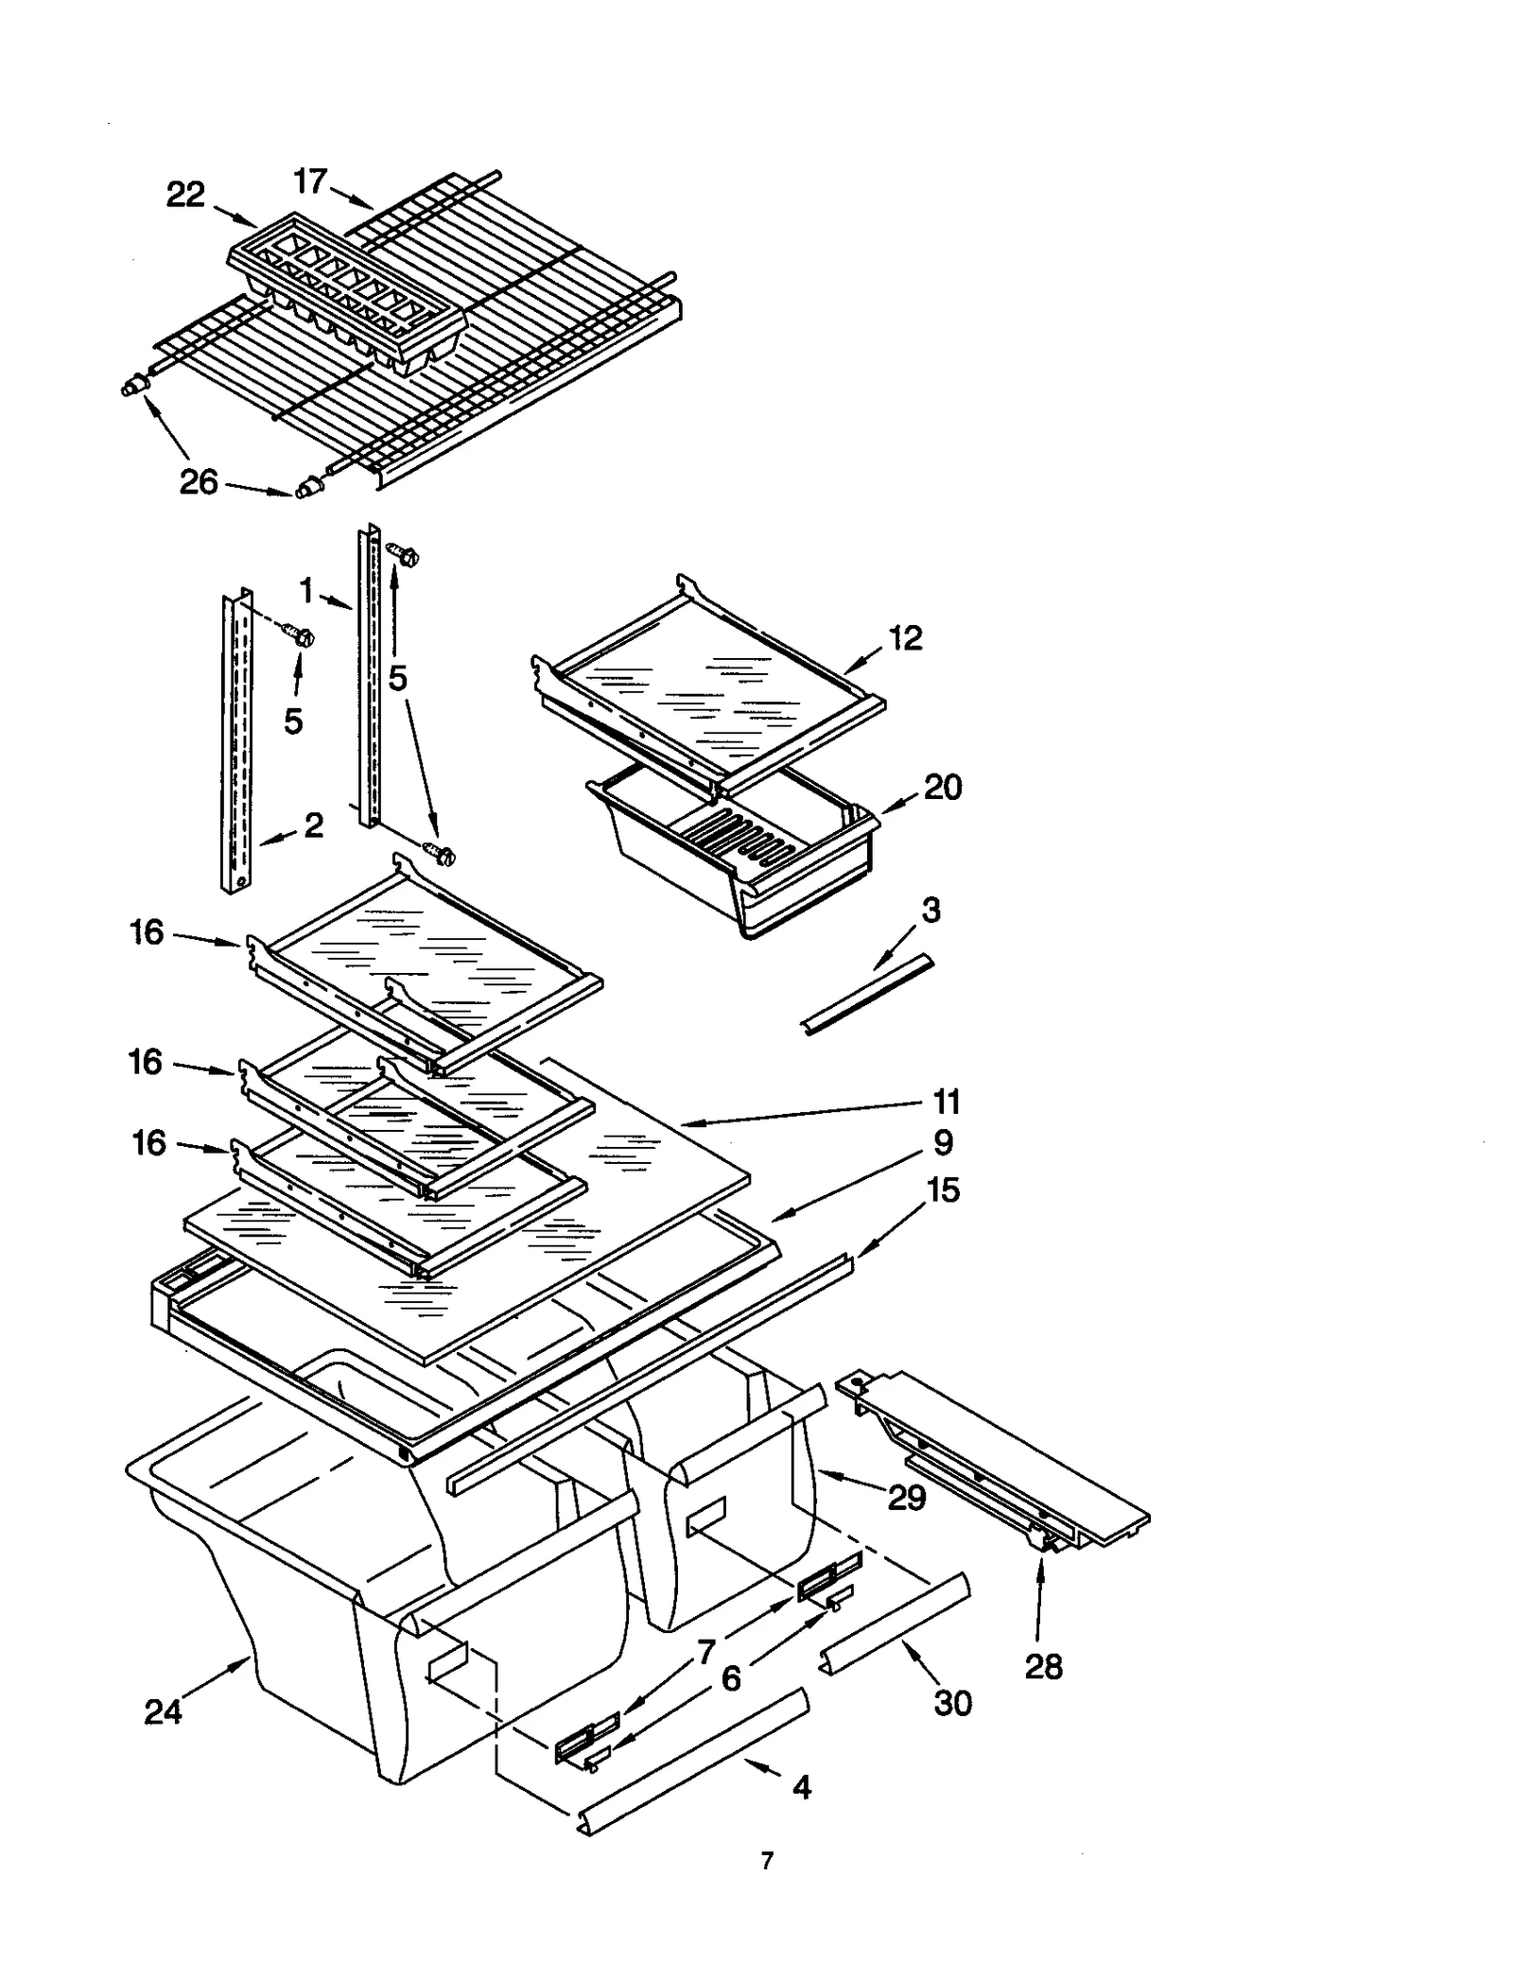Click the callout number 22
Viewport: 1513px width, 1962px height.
[x=185, y=195]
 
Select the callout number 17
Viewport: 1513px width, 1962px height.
[x=310, y=181]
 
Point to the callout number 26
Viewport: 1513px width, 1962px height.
[x=199, y=482]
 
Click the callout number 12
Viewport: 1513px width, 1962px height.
[x=905, y=638]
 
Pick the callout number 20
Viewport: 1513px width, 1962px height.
[x=942, y=787]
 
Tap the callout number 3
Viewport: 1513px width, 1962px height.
[x=930, y=911]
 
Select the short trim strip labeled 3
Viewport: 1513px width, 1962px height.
[x=867, y=995]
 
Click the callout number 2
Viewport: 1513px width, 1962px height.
[x=314, y=825]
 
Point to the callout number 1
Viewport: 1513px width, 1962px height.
[x=306, y=592]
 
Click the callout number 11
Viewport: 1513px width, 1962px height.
[x=947, y=1102]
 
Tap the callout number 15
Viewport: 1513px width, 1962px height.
[x=944, y=1189]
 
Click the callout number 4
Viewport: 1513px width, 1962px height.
[x=801, y=1787]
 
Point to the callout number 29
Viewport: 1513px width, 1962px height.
[x=906, y=1498]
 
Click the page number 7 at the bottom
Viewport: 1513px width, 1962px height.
[x=767, y=1861]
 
